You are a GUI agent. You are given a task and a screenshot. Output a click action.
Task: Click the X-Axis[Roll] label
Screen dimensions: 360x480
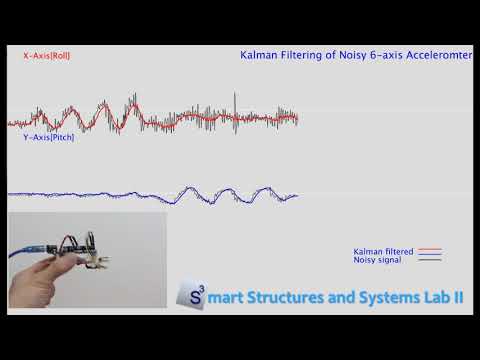(46, 57)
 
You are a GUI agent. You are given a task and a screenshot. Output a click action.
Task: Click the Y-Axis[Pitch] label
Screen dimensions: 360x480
(48, 137)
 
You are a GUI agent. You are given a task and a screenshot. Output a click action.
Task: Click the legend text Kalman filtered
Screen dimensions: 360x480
(382, 251)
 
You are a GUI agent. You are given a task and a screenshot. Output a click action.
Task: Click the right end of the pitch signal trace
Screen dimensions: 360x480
(297, 195)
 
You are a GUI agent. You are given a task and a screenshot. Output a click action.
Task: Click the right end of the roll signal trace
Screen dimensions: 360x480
(297, 118)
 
